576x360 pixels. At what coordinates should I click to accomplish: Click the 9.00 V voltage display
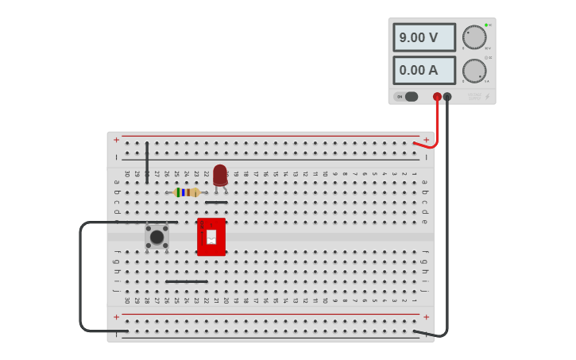[x=424, y=37]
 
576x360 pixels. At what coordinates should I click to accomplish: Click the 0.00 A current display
[x=424, y=70]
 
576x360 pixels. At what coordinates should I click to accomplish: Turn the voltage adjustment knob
[x=474, y=37]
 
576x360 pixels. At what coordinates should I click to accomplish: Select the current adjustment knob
[x=474, y=71]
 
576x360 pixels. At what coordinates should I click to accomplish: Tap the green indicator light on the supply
[x=485, y=25]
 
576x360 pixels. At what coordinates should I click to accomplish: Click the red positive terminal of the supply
[x=437, y=97]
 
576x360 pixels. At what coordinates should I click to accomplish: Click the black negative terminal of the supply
[x=447, y=97]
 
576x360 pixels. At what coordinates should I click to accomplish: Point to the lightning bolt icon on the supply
[x=487, y=98]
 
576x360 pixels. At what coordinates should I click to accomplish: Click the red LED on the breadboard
[x=220, y=175]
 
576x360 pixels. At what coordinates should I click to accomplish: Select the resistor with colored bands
[x=187, y=192]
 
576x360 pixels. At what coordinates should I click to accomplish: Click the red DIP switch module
[x=211, y=237]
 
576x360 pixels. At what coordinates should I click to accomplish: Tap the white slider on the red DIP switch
[x=211, y=236]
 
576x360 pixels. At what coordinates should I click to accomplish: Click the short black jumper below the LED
[x=216, y=202]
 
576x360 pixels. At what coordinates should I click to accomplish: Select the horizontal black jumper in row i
[x=187, y=281]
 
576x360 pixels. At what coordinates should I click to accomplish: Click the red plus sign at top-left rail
[x=116, y=140]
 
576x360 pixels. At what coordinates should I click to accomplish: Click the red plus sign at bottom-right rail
[x=426, y=316]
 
